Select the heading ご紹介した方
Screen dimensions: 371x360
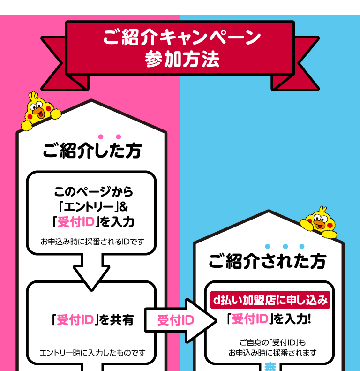coord(92,151)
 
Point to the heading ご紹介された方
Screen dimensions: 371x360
coord(267,261)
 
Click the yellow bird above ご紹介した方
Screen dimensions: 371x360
coord(39,111)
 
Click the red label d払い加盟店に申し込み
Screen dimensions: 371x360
coord(270,300)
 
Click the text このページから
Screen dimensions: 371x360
coord(94,191)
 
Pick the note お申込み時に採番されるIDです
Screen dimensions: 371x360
coord(92,242)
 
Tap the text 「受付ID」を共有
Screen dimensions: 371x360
coord(92,320)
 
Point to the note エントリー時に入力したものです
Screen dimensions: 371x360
coord(92,353)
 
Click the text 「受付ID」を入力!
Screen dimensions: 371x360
coord(269,319)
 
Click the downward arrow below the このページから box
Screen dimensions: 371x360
coord(91,271)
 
